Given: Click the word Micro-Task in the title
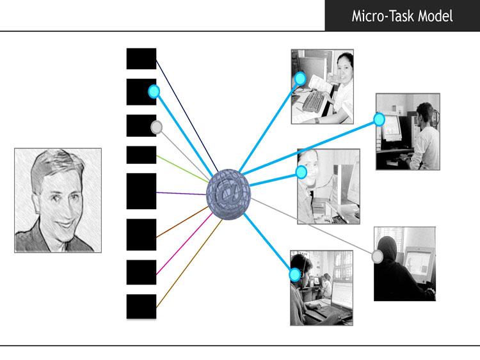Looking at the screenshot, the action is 383,16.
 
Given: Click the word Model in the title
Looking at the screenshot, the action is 435,16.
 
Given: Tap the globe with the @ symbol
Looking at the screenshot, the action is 228,194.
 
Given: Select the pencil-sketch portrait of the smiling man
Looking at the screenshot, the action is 58,200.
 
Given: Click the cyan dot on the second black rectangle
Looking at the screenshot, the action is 154,91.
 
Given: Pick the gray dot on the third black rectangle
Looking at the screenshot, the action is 156,127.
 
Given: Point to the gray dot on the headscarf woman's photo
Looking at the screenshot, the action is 378,256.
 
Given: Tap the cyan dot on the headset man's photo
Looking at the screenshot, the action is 295,275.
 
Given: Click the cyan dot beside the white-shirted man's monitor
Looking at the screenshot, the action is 379,120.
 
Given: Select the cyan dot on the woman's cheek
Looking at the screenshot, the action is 301,172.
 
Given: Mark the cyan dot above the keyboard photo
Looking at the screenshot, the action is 300,79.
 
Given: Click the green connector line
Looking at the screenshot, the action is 183,169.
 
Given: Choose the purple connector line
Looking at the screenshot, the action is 182,193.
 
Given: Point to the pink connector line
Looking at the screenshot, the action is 184,244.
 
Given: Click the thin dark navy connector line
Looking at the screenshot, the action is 187,116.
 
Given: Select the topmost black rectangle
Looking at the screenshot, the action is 141,58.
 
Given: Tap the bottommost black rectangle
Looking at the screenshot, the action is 141,306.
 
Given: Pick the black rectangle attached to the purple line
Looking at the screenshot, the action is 141,191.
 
